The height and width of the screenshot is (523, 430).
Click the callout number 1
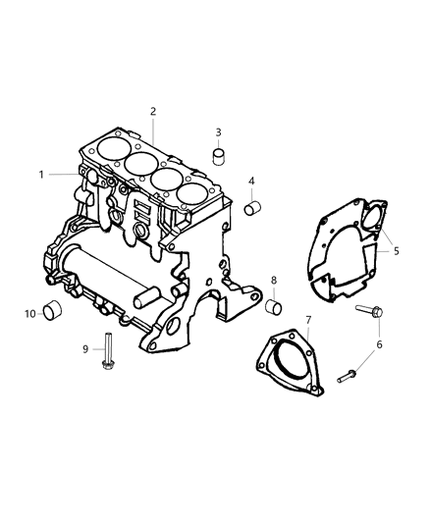42,175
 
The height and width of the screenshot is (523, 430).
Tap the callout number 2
153,112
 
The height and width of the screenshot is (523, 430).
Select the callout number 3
218,132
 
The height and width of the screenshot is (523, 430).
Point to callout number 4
251,182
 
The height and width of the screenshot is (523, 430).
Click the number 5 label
396,251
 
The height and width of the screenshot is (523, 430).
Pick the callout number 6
379,344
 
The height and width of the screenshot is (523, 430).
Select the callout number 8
274,281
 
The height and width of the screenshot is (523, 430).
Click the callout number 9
85,348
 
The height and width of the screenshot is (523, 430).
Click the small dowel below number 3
221,155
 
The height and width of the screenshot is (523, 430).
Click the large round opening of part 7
291,360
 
